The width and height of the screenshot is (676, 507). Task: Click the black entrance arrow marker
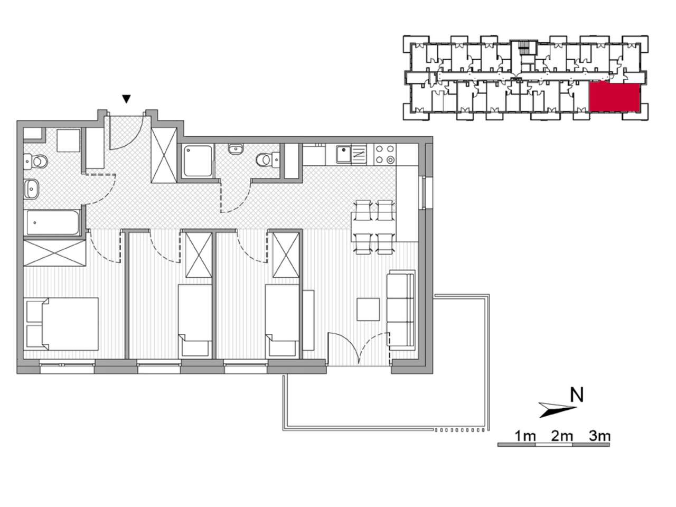tap(126, 99)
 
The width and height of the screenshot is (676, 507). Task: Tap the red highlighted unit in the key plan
tap(614, 97)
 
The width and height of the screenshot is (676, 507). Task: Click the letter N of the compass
tap(577, 395)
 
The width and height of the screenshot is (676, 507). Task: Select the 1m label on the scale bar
tap(525, 436)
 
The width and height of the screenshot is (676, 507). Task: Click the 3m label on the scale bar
tap(599, 436)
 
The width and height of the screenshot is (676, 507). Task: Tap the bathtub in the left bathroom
tap(52, 222)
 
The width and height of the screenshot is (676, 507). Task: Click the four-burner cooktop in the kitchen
tap(385, 155)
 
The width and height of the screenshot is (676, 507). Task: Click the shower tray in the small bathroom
tap(198, 161)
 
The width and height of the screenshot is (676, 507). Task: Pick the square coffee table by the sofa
tap(368, 309)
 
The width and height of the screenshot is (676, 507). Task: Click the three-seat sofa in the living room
tap(401, 309)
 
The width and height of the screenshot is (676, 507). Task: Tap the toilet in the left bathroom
tap(36, 162)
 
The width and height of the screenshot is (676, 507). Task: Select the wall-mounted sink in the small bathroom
tap(236, 149)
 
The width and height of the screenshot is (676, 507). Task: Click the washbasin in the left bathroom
tap(31, 189)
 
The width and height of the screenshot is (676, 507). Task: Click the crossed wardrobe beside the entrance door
tap(164, 155)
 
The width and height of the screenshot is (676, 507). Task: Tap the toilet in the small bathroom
tap(267, 160)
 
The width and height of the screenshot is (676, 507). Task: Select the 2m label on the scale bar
tap(562, 436)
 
